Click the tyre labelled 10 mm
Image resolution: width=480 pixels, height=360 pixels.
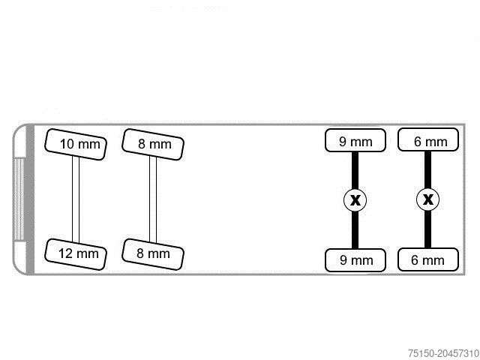(x=76, y=145)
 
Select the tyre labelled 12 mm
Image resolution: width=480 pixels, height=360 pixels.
(x=76, y=254)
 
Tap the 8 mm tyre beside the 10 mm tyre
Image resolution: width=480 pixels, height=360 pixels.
(x=153, y=145)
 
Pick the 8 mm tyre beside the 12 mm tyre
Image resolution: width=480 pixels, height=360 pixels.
(x=153, y=254)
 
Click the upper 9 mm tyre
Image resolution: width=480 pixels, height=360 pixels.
(x=355, y=140)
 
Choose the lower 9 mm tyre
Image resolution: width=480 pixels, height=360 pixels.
(x=355, y=260)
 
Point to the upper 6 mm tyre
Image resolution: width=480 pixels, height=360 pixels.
(x=428, y=139)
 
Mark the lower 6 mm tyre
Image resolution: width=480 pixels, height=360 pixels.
(x=428, y=259)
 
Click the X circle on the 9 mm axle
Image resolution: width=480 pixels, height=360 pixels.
(x=355, y=200)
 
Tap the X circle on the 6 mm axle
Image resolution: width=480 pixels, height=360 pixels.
(x=428, y=199)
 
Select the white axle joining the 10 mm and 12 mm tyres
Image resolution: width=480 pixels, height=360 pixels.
(x=76, y=199)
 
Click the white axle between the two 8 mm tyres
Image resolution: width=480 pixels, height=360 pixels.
(x=153, y=199)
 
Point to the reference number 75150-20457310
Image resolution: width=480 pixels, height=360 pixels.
(x=443, y=353)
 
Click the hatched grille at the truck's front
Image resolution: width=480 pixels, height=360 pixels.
(x=19, y=199)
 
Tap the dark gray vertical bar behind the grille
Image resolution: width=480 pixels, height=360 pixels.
(x=30, y=199)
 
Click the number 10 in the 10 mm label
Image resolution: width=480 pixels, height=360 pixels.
(x=67, y=144)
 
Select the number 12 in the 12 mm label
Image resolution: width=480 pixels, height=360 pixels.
(x=65, y=253)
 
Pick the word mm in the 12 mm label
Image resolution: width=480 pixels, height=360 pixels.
(x=88, y=254)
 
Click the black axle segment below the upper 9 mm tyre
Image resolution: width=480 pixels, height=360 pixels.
(x=355, y=170)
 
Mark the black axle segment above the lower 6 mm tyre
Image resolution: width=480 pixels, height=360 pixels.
(x=428, y=229)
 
